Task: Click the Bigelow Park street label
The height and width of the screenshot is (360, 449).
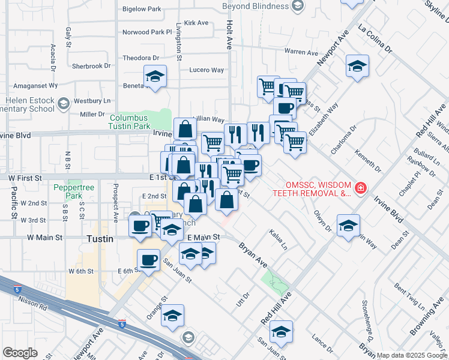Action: [142, 10]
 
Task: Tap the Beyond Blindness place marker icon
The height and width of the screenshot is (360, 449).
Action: [297, 6]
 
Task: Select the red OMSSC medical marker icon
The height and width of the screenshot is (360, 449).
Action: [360, 189]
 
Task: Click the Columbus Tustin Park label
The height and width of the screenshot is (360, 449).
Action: [130, 122]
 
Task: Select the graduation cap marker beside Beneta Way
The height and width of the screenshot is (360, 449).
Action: [155, 76]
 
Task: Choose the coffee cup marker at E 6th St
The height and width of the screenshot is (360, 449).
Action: [148, 260]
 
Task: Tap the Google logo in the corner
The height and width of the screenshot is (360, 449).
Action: [20, 352]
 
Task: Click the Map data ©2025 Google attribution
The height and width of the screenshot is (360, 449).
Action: [412, 355]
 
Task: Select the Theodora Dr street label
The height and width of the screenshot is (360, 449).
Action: [140, 58]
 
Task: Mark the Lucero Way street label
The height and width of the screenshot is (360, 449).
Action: [206, 70]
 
